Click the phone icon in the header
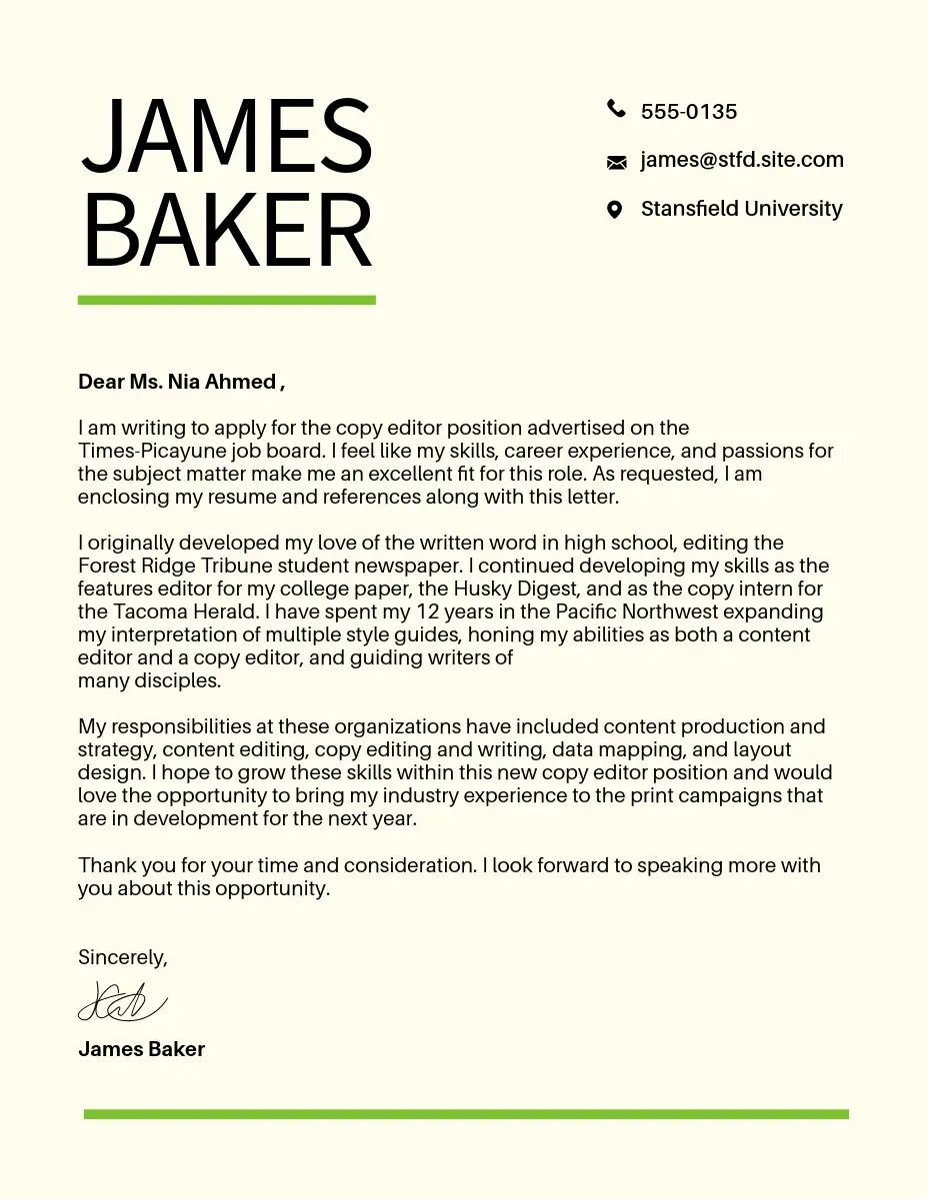tap(616, 110)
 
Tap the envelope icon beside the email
tap(616, 161)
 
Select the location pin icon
tap(615, 209)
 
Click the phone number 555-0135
tap(689, 112)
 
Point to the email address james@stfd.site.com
tap(742, 160)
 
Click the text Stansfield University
tap(741, 209)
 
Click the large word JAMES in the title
tap(227, 137)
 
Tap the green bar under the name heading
tap(227, 300)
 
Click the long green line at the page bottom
tap(466, 1114)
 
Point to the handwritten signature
tap(122, 1000)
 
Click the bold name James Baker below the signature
tap(141, 1049)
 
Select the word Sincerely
tap(121, 957)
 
